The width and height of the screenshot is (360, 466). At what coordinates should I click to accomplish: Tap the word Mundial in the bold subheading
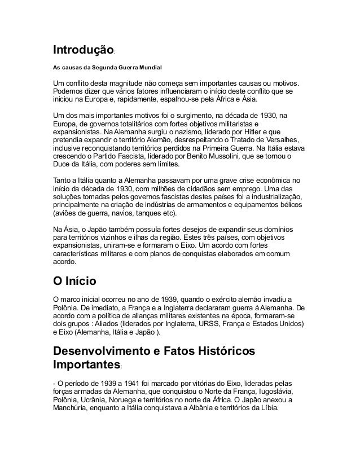pos(147,68)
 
